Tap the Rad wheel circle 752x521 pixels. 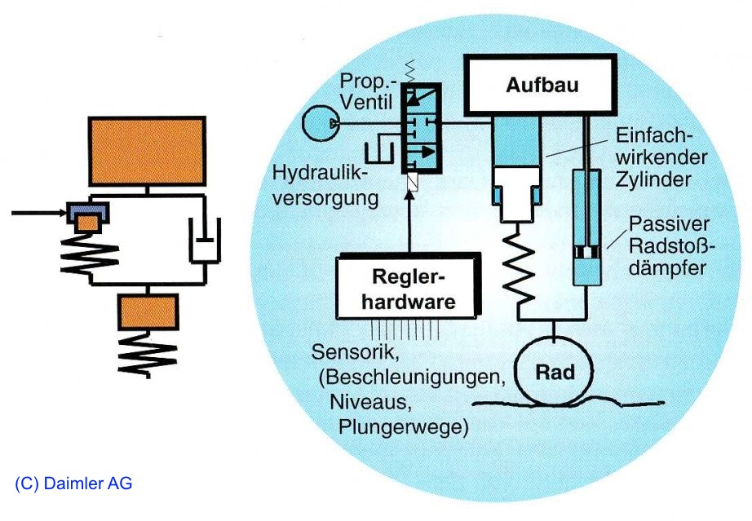tap(555, 373)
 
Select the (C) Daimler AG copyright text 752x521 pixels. tap(73, 483)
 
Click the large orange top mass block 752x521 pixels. tap(147, 149)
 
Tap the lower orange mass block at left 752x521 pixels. tap(147, 311)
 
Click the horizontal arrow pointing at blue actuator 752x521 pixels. tap(37, 214)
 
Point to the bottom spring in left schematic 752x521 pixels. tap(147, 355)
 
